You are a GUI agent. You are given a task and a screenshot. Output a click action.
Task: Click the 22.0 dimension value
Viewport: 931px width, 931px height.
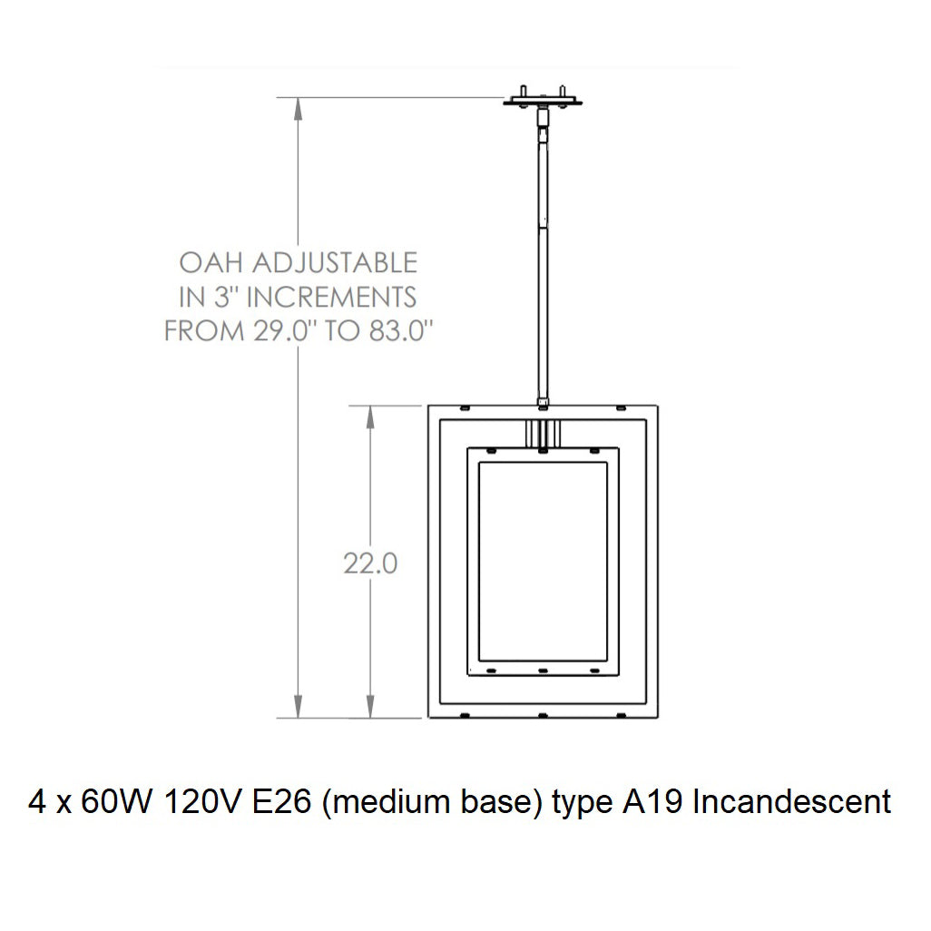pyautogui.click(x=370, y=563)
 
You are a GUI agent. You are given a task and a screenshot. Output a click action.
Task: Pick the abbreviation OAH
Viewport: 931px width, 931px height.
pyautogui.click(x=211, y=263)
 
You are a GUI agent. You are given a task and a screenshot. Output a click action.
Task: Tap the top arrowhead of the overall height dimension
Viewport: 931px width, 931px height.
pyautogui.click(x=299, y=108)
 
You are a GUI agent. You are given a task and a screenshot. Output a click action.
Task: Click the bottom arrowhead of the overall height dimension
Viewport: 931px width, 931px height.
pyautogui.click(x=299, y=707)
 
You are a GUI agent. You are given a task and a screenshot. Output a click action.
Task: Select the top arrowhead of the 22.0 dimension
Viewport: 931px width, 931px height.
pyautogui.click(x=369, y=416)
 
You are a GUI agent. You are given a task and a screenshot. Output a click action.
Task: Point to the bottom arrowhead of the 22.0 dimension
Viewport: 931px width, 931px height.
pyautogui.click(x=369, y=707)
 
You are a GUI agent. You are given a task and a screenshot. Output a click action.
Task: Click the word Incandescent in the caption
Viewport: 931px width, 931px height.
pyautogui.click(x=791, y=802)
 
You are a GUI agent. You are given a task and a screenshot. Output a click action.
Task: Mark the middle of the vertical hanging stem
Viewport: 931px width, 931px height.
pyautogui.click(x=543, y=254)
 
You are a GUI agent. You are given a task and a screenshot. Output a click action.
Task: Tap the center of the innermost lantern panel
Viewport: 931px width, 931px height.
pyautogui.click(x=542, y=562)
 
